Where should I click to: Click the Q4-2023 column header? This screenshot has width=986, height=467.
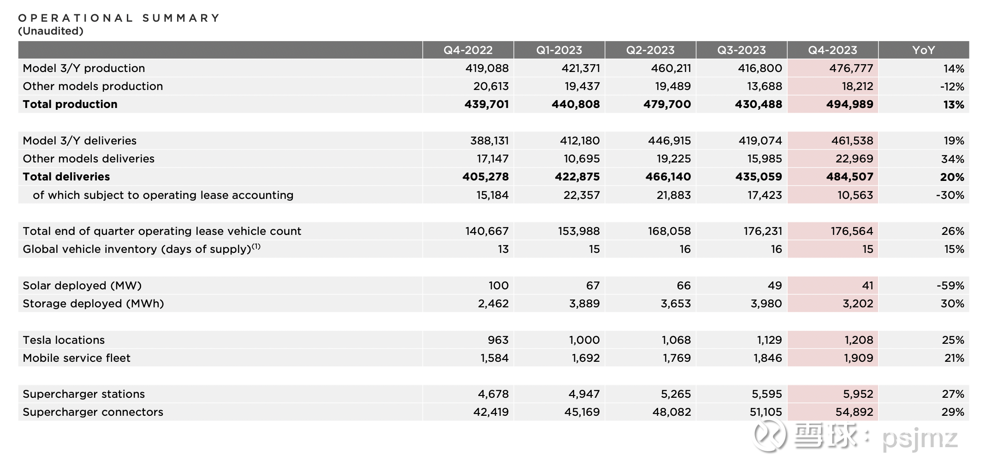click(832, 50)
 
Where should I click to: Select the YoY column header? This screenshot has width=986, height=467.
click(923, 50)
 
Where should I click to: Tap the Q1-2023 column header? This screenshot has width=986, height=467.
click(559, 50)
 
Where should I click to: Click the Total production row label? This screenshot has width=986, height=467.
click(70, 104)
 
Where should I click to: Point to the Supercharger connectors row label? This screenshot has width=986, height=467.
click(93, 412)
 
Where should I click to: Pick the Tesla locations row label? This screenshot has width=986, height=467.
click(64, 340)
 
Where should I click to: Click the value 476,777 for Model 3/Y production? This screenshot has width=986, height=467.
click(851, 68)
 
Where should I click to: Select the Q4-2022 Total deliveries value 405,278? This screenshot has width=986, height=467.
click(486, 177)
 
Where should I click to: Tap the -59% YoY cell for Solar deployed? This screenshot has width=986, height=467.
click(950, 286)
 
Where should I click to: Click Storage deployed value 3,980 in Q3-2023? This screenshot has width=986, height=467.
click(766, 304)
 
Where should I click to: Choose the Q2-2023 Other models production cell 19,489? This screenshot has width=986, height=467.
click(673, 86)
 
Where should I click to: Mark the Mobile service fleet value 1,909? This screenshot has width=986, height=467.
click(859, 358)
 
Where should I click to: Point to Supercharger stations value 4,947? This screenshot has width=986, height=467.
click(584, 394)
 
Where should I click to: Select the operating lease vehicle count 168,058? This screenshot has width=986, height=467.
click(669, 231)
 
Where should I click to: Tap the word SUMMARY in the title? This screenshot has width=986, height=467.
click(181, 18)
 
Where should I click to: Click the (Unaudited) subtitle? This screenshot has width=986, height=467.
click(51, 31)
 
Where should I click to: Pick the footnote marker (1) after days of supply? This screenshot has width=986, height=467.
click(256, 246)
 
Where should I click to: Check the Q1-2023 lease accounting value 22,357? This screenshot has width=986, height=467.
click(582, 195)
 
